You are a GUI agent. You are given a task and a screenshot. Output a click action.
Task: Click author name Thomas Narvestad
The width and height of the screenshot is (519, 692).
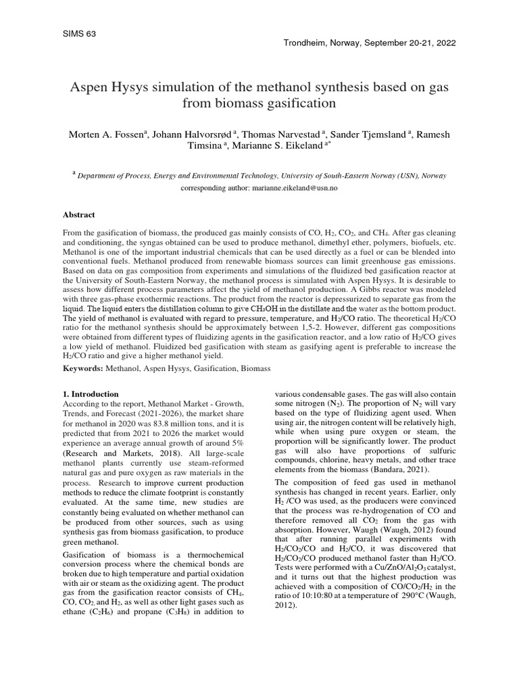coord(272,134)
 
